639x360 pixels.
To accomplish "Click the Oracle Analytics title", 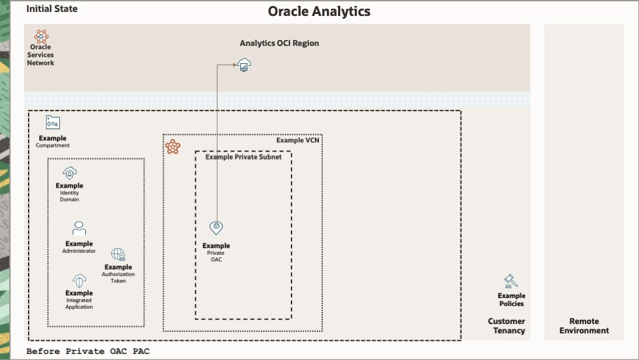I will [319, 11].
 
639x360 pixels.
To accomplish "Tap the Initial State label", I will [52, 9].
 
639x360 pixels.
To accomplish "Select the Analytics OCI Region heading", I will [280, 43].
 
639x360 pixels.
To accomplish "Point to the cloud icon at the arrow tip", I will [245, 65].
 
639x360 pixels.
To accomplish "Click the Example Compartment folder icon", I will [53, 122].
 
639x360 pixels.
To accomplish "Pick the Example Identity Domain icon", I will [70, 173].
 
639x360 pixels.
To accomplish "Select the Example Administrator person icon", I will [79, 228].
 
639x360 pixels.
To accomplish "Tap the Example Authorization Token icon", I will [118, 254].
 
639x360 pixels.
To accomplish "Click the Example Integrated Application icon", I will [79, 280].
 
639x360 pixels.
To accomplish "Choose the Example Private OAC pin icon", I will [216, 228].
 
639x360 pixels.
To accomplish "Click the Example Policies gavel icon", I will [511, 281].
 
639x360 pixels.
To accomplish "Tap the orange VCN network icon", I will [173, 147].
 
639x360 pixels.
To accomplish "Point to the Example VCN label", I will [298, 140].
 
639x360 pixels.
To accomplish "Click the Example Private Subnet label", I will [244, 157].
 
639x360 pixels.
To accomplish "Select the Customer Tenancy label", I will [507, 326].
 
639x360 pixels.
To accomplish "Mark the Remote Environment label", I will [584, 326].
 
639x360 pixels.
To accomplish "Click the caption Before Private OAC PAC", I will [88, 351].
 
